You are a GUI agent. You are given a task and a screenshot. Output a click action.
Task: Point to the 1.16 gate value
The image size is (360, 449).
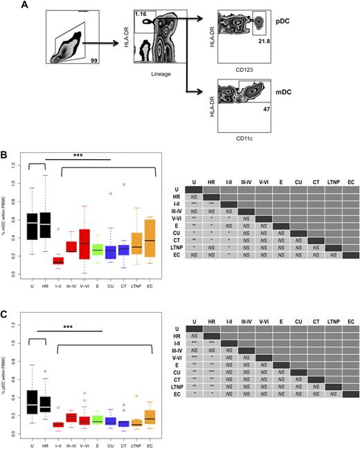pyautogui.click(x=124, y=14)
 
